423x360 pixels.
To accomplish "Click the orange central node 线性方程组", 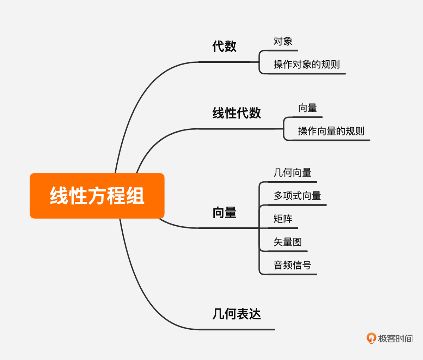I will (x=97, y=196).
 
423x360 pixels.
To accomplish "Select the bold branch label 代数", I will (x=224, y=46).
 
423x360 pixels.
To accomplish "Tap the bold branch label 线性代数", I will (x=237, y=113).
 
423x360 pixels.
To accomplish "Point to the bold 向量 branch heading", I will (x=224, y=213).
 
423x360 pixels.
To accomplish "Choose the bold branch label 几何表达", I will (x=237, y=313).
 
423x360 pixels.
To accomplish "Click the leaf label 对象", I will (x=283, y=41).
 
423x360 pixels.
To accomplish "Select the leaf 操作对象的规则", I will (x=306, y=64).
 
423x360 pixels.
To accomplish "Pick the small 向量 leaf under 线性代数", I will (x=307, y=108).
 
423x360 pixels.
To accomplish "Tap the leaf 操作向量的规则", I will (x=331, y=131).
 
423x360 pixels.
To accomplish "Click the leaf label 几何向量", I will (x=292, y=172).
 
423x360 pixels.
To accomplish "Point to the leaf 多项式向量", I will (x=297, y=196).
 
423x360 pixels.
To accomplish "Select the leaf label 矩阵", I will (x=283, y=219).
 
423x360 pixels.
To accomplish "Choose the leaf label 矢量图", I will (x=288, y=242).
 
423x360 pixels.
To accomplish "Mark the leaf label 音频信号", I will (x=292, y=265).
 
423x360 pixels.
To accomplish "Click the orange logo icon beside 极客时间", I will (x=371, y=338).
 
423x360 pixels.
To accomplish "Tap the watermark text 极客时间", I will (x=395, y=338).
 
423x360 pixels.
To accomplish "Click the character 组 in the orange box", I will (x=135, y=196).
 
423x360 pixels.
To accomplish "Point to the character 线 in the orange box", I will (x=59, y=196).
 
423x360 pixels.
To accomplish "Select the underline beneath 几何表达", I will (x=237, y=330).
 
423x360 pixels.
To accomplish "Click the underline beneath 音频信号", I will (x=292, y=274).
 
